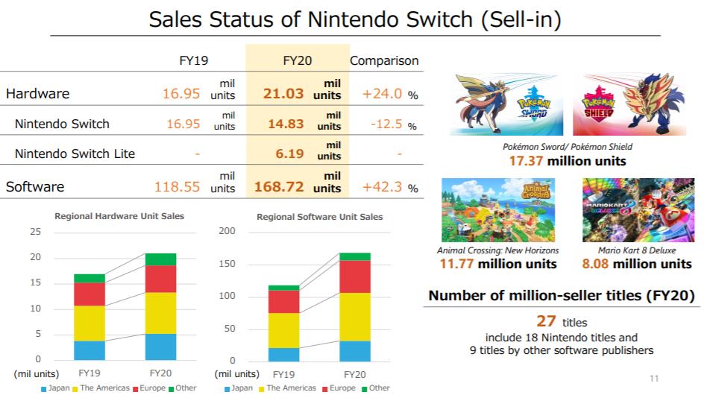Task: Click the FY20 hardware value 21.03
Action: coord(283,94)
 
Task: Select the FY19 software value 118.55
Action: coord(177,187)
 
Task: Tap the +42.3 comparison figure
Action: coord(383,187)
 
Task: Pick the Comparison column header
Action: coord(384,60)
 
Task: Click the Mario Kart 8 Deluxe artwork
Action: coord(636,209)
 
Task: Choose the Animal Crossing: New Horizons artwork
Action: coord(498,209)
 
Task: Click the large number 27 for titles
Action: coord(547,322)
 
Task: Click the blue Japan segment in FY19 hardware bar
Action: coord(89,351)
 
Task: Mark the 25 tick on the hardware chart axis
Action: coord(35,231)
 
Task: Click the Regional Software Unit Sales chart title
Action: coord(319,217)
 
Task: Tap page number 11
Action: coord(655,379)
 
